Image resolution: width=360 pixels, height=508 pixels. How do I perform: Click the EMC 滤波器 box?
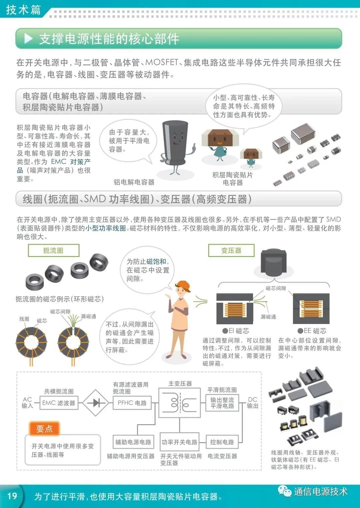click(59, 403)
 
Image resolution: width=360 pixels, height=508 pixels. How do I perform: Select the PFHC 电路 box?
click(132, 403)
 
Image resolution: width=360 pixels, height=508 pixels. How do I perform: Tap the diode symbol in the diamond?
click(96, 403)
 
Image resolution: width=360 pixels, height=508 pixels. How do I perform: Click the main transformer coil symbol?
click(180, 403)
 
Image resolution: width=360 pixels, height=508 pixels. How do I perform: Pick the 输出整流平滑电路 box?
click(222, 403)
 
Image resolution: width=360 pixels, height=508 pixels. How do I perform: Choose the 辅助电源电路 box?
click(133, 442)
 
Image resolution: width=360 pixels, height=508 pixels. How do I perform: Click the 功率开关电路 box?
click(179, 442)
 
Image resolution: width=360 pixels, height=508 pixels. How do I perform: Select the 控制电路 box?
click(222, 442)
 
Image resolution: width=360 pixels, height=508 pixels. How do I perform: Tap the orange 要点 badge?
click(44, 429)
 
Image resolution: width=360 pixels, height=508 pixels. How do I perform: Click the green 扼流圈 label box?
click(53, 251)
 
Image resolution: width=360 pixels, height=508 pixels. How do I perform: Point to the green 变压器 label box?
click(231, 251)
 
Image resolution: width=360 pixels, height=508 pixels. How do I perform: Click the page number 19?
click(12, 496)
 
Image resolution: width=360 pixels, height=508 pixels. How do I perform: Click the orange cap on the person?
click(183, 285)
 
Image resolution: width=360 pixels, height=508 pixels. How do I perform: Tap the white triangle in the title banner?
click(29, 39)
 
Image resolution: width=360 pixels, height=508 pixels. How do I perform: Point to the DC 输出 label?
click(252, 403)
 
